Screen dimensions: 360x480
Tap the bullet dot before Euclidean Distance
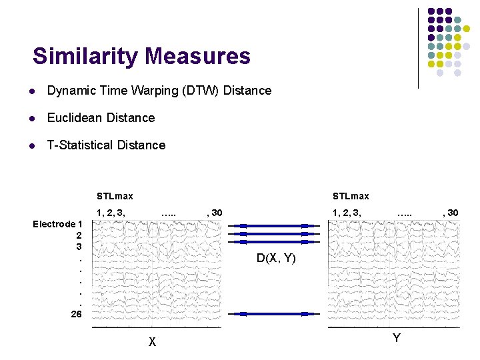[31, 118]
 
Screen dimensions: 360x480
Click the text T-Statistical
[79, 145]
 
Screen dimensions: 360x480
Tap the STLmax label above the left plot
[115, 196]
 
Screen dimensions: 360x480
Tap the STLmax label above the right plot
[351, 196]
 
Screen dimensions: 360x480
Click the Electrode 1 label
[57, 224]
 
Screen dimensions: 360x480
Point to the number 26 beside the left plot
[77, 313]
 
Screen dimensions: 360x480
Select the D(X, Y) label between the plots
[277, 259]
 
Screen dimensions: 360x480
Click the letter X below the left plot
[153, 342]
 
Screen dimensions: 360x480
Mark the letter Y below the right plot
[397, 338]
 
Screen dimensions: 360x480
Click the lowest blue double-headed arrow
[273, 313]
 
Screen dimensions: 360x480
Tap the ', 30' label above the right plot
[451, 213]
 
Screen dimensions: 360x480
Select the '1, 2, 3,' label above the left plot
[111, 213]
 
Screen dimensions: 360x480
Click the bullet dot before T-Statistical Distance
[31, 145]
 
